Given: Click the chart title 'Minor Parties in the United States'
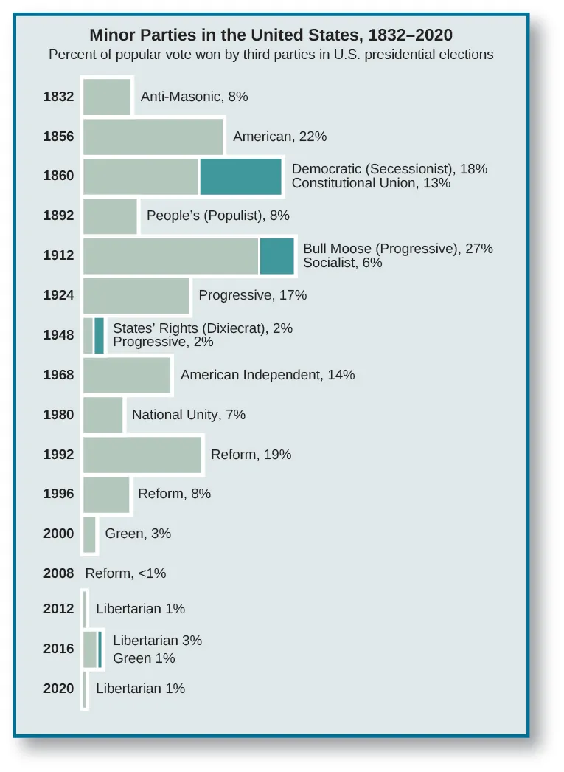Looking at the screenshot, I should tap(271, 35).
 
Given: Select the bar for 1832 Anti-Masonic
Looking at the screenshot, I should tap(107, 97).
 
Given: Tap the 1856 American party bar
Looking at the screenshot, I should tap(153, 137).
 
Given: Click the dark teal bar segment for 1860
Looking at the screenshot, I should tap(240, 176).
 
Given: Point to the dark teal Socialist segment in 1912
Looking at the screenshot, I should tap(276, 255).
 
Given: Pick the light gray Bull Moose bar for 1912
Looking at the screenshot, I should tap(170, 255).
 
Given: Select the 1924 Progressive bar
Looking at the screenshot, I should tap(136, 295).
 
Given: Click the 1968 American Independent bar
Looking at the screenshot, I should tap(127, 375).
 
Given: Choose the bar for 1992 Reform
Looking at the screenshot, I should tap(142, 455).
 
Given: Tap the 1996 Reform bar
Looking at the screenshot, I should tap(106, 494).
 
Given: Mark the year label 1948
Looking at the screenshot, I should tap(58, 335).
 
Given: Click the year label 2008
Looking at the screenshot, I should tap(58, 573).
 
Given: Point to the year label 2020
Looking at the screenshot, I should tap(58, 689).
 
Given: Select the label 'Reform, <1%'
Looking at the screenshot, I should tap(125, 573).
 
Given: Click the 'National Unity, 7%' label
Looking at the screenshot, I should tap(188, 415).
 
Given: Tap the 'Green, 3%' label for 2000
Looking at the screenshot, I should tap(138, 534).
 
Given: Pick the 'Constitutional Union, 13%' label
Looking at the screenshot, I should tap(371, 183).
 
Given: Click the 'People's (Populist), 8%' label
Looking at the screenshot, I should tap(217, 216).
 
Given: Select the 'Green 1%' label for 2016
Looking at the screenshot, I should tap(144, 658).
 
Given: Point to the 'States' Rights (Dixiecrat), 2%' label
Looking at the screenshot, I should tap(203, 328).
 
